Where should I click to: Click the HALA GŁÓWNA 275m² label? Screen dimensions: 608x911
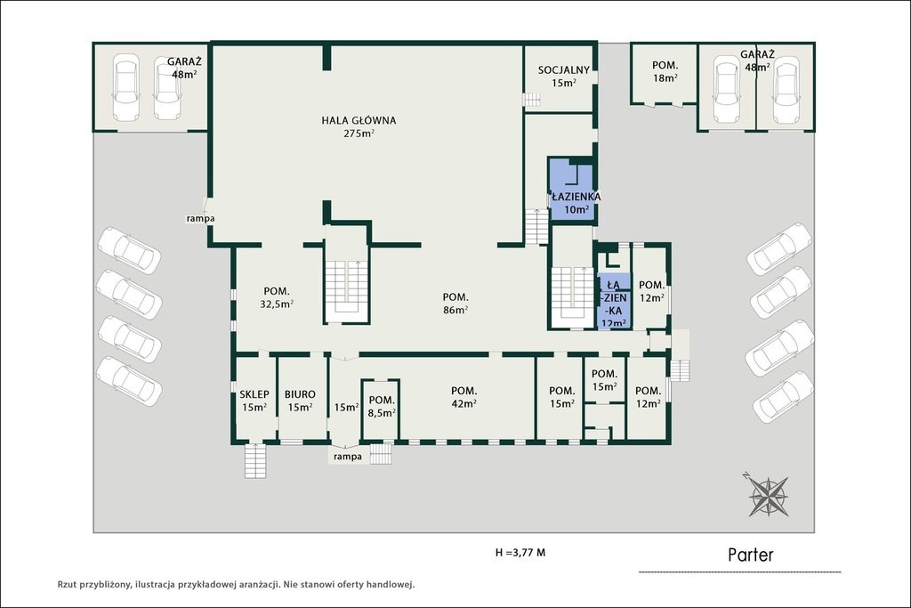tap(359, 127)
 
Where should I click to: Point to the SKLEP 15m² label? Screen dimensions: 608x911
tap(254, 401)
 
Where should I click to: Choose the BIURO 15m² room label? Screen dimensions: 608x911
tap(300, 401)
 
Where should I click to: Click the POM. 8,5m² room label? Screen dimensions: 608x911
tap(382, 406)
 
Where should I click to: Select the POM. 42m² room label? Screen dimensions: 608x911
tap(463, 397)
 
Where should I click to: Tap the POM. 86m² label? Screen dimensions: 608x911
tap(455, 304)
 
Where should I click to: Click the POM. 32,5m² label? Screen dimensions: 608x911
tap(277, 297)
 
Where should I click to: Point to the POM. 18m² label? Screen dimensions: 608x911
tap(665, 71)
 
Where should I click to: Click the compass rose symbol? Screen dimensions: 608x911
tap(768, 495)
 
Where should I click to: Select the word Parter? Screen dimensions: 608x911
tap(751, 555)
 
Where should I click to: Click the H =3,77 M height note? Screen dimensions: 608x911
tap(520, 553)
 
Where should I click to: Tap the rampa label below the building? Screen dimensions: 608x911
tap(348, 457)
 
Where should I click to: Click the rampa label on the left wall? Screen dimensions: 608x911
tap(200, 218)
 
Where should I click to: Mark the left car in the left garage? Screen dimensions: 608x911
tap(125, 87)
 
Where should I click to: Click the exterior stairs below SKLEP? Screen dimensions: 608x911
tap(255, 460)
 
